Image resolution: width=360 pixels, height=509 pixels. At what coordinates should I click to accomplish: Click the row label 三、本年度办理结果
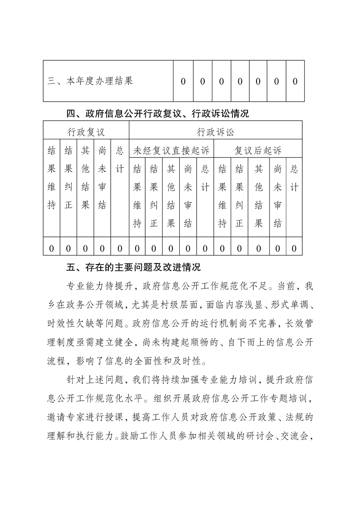click(x=90, y=82)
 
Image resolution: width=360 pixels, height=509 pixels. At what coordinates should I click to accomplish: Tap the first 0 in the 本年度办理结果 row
click(x=183, y=82)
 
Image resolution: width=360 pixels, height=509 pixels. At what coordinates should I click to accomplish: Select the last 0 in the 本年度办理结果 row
click(x=295, y=82)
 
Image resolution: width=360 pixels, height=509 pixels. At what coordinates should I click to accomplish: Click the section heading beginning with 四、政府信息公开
click(x=158, y=113)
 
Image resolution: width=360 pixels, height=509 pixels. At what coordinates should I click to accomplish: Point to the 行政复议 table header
click(x=86, y=132)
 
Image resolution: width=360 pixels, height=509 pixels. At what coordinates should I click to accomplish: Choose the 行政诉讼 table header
click(x=216, y=132)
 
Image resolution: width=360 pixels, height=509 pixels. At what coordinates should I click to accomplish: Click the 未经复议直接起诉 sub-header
click(x=171, y=150)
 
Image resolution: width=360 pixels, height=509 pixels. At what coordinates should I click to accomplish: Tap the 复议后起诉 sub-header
click(x=258, y=150)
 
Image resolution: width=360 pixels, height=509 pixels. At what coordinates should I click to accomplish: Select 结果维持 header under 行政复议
click(x=52, y=178)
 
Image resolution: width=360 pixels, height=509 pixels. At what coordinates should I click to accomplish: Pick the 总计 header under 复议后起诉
click(x=294, y=178)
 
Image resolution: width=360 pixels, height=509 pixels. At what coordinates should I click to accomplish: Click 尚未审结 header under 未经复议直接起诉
click(x=188, y=196)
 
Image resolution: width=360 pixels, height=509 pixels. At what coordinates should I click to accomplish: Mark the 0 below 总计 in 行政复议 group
click(x=120, y=249)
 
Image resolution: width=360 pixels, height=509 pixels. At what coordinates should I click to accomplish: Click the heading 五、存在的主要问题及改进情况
click(x=133, y=267)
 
